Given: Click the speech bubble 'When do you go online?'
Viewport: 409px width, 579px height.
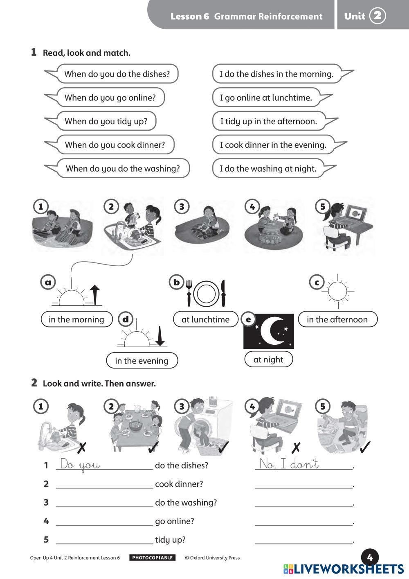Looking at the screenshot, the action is [110, 97].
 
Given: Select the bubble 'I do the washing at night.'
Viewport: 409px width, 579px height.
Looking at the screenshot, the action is [268, 168].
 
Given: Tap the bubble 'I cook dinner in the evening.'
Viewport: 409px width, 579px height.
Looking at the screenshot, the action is [273, 145].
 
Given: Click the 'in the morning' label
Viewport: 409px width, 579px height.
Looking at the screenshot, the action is [76, 319].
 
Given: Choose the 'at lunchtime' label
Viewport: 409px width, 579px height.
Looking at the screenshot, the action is [205, 319].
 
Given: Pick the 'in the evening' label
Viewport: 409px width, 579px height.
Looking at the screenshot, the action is [142, 361].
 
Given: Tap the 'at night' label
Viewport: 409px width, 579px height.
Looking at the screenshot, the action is [268, 360].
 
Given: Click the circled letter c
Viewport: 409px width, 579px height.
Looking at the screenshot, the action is [317, 282].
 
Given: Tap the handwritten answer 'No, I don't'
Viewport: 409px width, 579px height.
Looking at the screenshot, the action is [289, 464].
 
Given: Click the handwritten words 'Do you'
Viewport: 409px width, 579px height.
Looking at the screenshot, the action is [80, 465].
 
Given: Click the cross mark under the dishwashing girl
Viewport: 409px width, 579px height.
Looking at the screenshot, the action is [82, 447].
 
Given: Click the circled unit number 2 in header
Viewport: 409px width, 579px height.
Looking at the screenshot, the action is [377, 16].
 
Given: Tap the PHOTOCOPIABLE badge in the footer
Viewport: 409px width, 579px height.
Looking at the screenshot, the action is [152, 558].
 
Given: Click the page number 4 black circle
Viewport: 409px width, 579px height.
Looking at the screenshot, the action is [370, 557].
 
